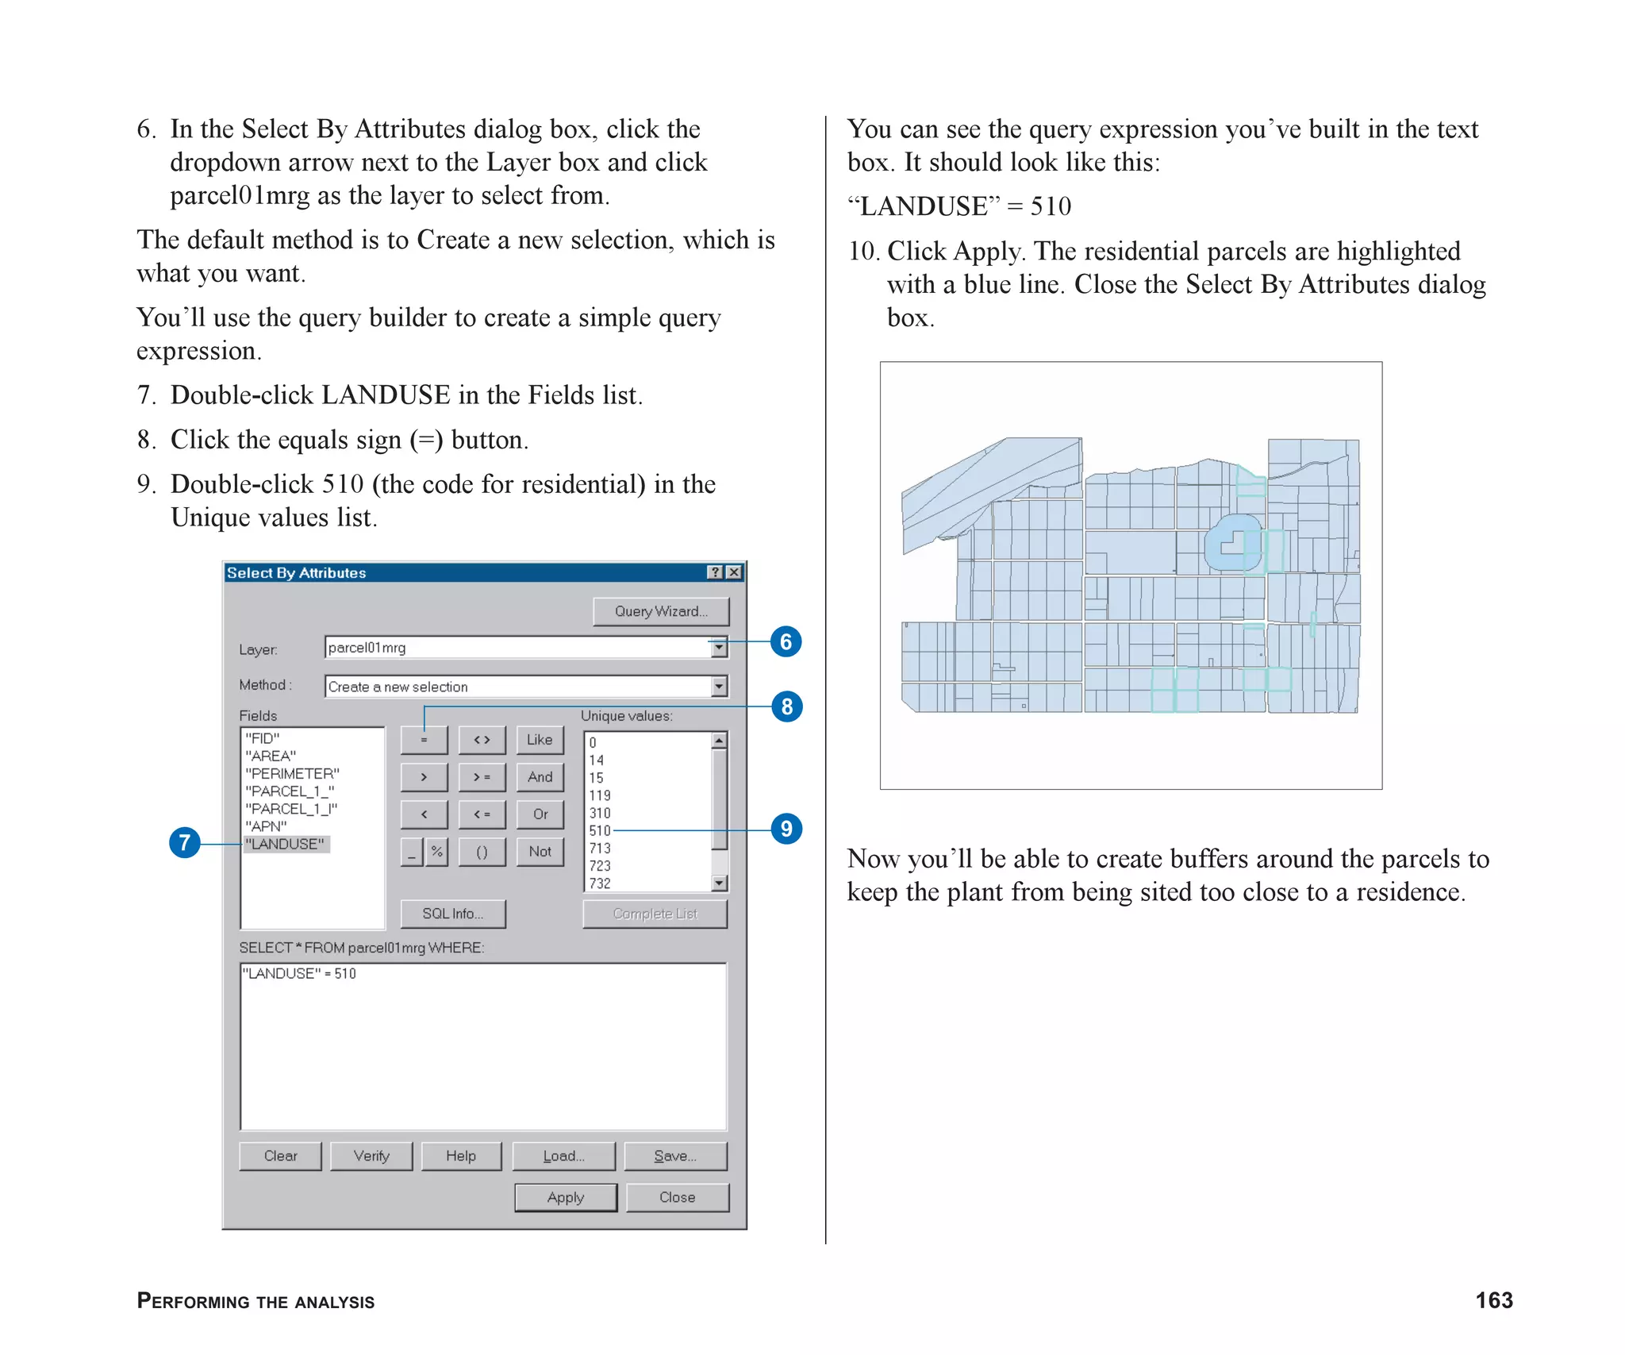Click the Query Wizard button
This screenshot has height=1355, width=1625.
660,611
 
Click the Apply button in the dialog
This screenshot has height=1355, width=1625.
565,1197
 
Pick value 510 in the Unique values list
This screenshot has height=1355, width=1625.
599,830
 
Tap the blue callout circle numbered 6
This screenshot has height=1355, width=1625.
786,641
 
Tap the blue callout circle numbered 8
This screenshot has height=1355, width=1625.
786,706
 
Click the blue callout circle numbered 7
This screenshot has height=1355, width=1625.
185,842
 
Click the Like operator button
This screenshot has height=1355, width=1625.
540,740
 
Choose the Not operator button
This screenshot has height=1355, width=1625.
540,852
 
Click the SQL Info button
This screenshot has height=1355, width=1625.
452,914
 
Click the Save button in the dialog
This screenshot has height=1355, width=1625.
675,1156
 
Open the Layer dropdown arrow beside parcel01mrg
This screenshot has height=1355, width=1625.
719,648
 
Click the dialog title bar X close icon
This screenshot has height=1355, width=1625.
735,572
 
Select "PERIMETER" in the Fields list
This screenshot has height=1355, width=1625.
292,773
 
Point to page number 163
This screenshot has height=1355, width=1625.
1493,1300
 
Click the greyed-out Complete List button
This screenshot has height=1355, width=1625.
655,914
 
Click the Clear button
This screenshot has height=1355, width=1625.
280,1156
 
